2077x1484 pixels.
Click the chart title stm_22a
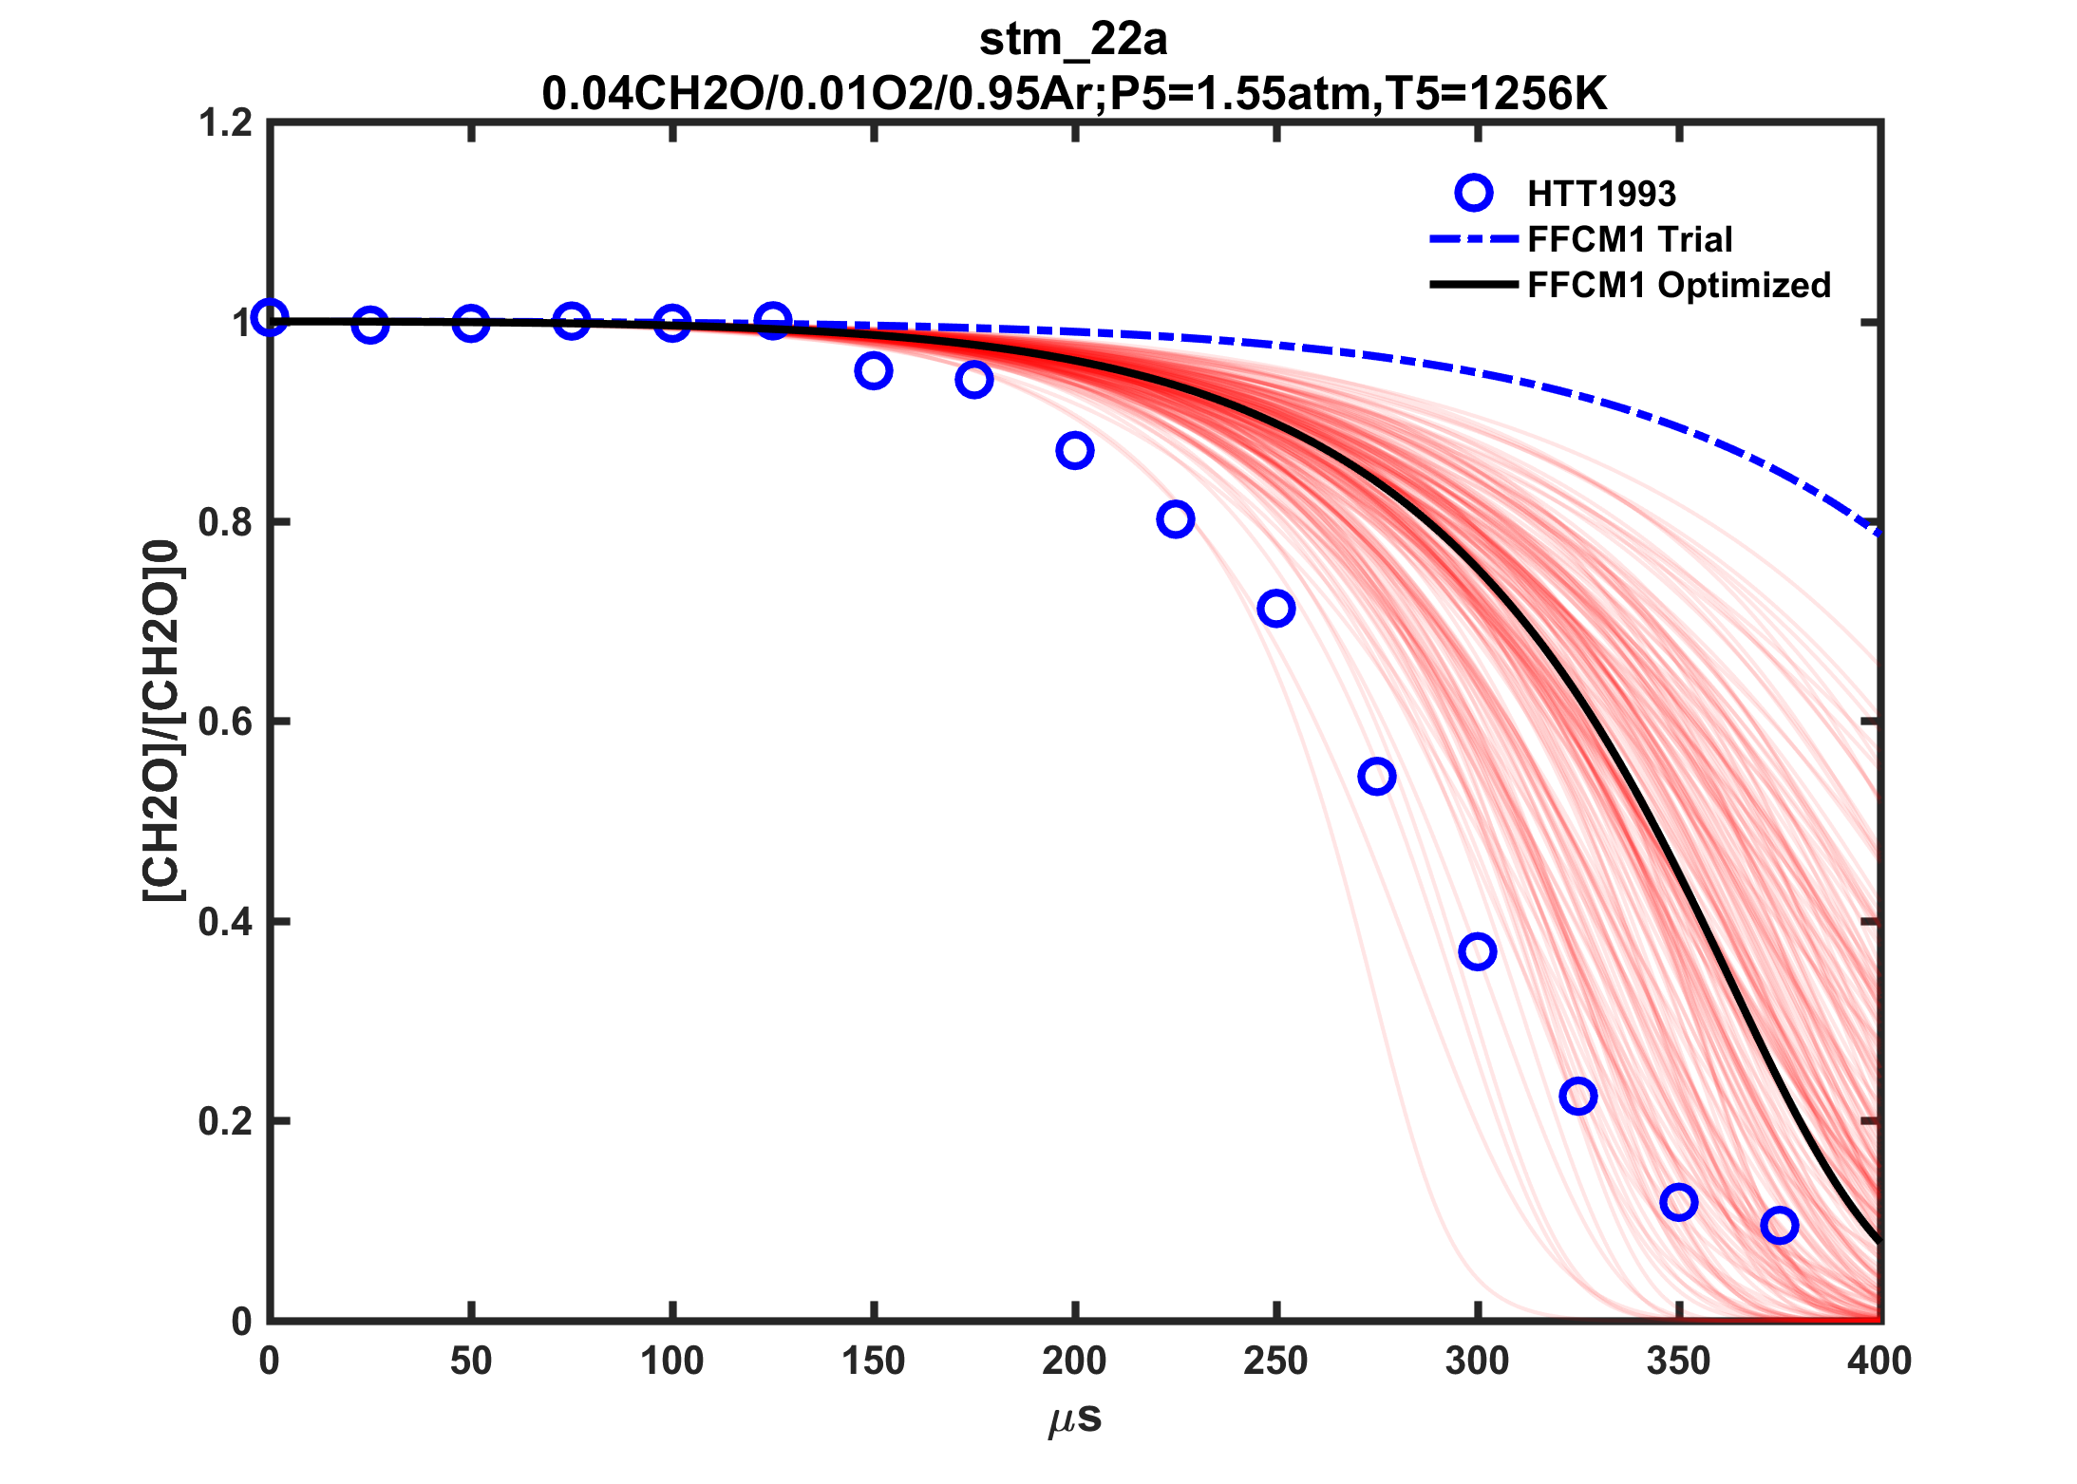click(x=1073, y=40)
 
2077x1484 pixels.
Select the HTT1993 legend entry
click(x=1601, y=194)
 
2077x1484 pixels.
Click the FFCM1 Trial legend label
click(x=1630, y=239)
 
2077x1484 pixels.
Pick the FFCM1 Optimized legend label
click(x=1678, y=285)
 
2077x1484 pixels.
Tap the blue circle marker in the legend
click(x=1473, y=193)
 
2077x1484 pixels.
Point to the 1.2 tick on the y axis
click(x=225, y=123)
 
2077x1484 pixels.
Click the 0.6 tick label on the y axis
click(x=225, y=722)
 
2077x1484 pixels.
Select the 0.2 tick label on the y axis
click(x=225, y=1121)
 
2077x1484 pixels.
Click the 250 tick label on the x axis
click(x=1275, y=1362)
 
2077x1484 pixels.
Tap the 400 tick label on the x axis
click(x=1879, y=1362)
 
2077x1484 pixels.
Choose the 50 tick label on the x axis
click(x=471, y=1362)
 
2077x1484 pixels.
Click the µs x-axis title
click(x=1075, y=1418)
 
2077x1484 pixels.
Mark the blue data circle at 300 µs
click(x=1477, y=950)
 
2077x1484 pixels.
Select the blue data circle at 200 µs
click(x=1074, y=450)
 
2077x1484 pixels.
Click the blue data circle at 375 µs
click(x=1779, y=1225)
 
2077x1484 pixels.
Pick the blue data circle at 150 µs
click(x=873, y=370)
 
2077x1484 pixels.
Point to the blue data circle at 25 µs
click(x=369, y=325)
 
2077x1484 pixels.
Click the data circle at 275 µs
click(x=1376, y=776)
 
